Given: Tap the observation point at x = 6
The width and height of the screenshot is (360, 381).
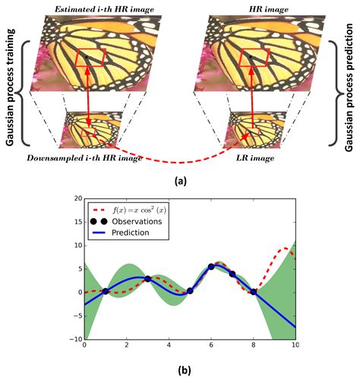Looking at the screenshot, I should click(211, 267).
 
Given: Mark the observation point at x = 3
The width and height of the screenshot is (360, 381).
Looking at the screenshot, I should click(147, 278).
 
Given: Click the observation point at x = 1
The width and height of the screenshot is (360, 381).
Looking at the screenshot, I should click(105, 291).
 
